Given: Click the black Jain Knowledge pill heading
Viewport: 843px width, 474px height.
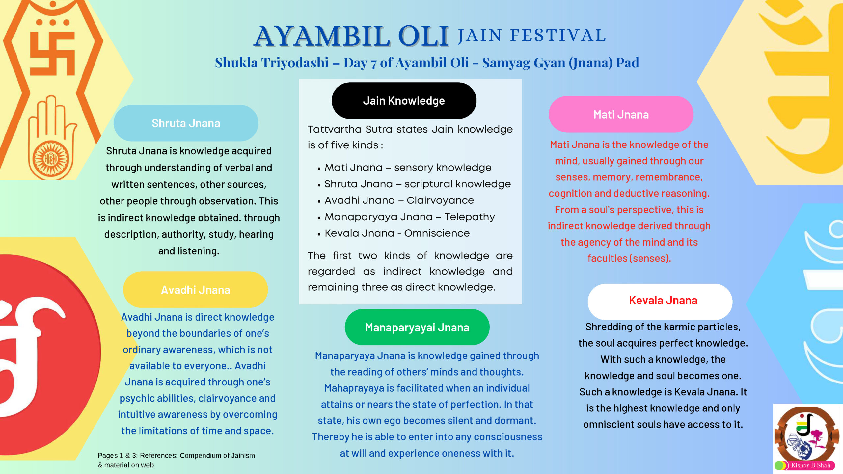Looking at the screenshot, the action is point(404,100).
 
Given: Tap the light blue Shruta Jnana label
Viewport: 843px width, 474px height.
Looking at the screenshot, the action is point(186,123).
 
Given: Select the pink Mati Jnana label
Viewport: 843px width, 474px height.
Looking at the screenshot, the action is point(621,114).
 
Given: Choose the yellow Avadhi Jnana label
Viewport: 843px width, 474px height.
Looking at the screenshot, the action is point(195,290).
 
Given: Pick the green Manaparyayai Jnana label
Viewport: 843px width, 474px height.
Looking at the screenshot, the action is point(417,327).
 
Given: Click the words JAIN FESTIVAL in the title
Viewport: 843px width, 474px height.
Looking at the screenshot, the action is point(532,36).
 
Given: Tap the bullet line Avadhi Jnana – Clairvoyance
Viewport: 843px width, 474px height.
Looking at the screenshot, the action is point(399,200).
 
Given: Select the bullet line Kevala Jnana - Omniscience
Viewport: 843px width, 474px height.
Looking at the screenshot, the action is point(397,233).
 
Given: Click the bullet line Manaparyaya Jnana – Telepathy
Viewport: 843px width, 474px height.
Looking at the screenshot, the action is point(410,217).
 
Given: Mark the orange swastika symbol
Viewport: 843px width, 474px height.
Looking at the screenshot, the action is point(53,53).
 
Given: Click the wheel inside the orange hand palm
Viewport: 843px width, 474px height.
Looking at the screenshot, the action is point(51,159).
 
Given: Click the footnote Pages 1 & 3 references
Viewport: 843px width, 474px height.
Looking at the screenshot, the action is point(176,460).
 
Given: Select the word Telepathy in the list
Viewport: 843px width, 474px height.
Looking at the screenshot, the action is point(470,217).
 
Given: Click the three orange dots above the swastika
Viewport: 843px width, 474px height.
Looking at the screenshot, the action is point(53,22).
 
